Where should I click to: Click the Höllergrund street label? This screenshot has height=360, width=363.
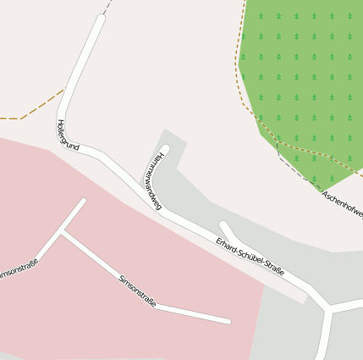67,136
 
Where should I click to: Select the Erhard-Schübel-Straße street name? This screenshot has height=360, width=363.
250,258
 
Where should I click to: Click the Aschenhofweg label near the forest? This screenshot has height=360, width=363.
343,205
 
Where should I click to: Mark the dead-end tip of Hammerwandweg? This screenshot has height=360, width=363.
166,150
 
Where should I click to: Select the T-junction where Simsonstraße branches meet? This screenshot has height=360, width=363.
63,233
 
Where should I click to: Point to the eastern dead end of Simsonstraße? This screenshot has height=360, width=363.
228,321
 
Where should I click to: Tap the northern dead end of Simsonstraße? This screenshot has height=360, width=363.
83,202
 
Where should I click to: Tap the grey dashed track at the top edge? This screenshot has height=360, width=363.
107,6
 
